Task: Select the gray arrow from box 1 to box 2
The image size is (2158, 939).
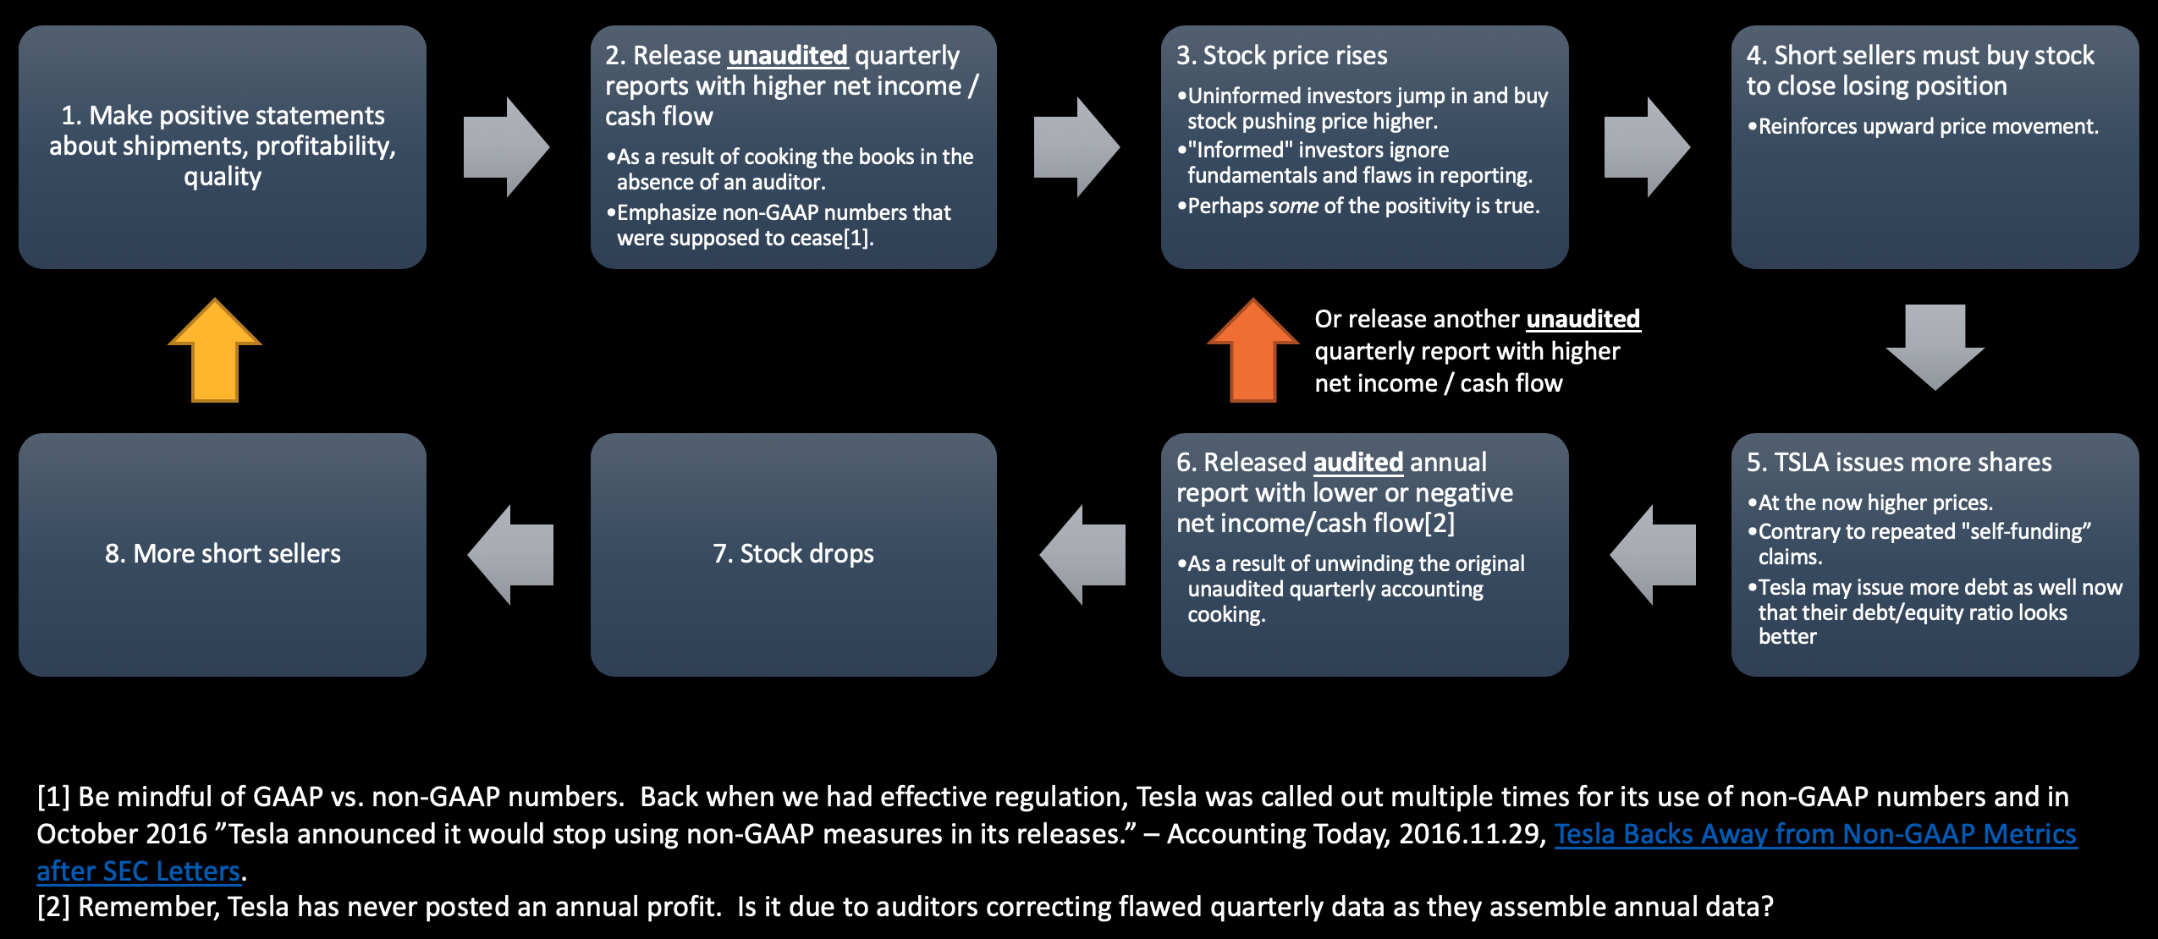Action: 506,147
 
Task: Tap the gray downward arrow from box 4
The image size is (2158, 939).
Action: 1935,347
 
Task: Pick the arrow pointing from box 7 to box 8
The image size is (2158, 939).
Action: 511,555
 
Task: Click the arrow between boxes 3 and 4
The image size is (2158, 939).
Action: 1647,147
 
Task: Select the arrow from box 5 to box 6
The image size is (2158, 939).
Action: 1653,555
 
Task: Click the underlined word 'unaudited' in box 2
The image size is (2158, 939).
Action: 788,56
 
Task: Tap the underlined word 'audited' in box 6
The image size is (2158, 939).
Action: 1358,463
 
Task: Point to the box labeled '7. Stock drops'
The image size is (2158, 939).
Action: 794,555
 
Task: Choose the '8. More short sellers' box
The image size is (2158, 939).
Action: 223,555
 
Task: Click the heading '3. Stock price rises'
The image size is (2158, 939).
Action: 1282,56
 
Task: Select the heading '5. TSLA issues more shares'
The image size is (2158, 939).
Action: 1899,463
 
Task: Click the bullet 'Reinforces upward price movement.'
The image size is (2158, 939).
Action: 1923,127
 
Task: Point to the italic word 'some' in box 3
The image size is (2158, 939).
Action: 1293,206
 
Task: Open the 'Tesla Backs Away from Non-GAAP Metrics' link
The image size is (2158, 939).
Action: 1816,834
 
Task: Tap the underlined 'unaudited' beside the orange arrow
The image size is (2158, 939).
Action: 1583,319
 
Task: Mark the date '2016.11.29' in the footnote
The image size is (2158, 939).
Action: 1469,834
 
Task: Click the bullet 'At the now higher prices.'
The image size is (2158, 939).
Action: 1870,503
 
